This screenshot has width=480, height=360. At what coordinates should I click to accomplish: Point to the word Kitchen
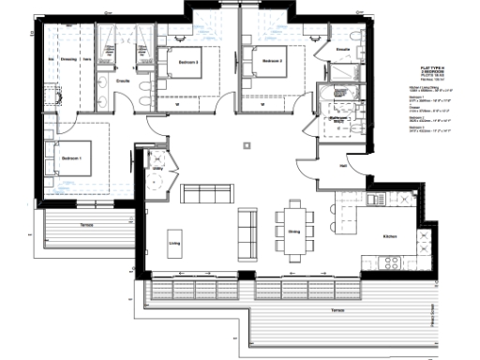point(390,236)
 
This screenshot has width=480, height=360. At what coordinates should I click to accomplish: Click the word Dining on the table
point(293,231)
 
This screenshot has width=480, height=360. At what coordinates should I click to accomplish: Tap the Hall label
point(343,168)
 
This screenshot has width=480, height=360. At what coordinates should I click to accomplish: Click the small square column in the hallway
point(247,144)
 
